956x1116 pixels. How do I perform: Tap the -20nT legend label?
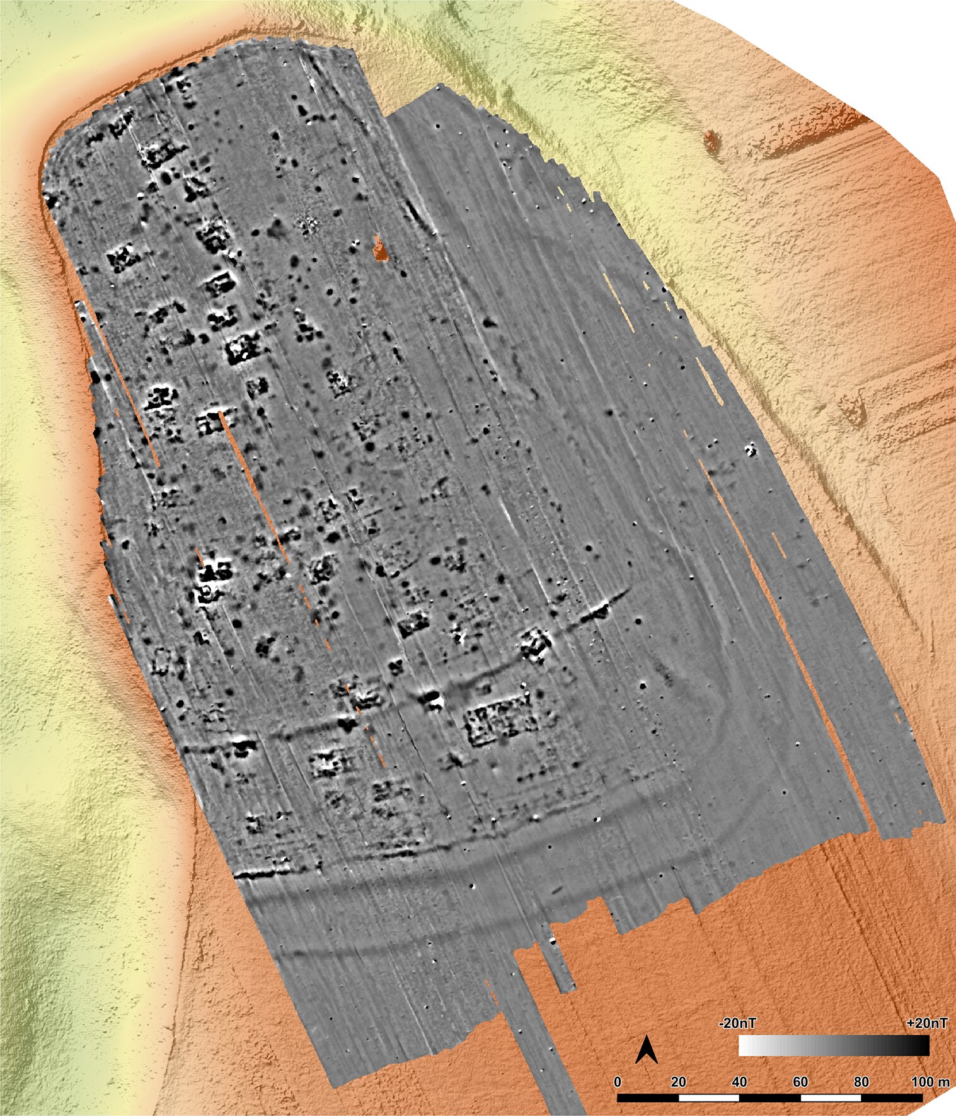(737, 1023)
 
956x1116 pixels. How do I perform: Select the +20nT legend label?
(926, 1023)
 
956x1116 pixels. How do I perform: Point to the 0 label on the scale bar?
(618, 1082)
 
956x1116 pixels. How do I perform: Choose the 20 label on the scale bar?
(678, 1082)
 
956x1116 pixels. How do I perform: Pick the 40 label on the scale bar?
(739, 1082)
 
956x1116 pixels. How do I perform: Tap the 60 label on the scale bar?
(800, 1082)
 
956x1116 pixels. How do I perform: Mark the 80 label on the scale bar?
(861, 1082)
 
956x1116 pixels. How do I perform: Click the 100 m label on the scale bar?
(930, 1082)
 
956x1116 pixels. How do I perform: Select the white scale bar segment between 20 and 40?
(709, 1098)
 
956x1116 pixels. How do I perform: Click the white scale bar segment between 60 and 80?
(831, 1098)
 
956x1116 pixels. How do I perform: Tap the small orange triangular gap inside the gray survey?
(380, 248)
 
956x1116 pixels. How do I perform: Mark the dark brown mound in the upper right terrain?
(712, 141)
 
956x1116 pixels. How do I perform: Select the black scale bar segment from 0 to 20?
(648, 1098)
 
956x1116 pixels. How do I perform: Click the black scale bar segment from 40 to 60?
(770, 1098)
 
